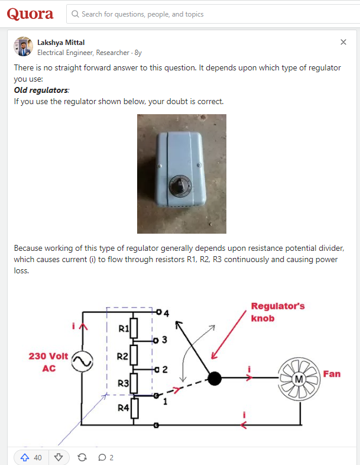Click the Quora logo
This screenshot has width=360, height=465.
coord(30,14)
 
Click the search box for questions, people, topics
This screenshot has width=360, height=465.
coord(213,14)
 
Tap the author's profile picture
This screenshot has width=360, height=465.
coord(23,47)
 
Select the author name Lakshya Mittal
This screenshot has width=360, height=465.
coord(61,42)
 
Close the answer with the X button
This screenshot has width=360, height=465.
coord(343,42)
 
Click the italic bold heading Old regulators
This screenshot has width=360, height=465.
coord(41,90)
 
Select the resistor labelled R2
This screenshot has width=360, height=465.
coord(134,356)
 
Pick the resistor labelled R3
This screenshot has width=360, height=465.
coord(134,383)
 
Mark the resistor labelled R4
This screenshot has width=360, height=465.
coord(134,408)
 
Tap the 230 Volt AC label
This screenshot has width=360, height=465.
coord(48,362)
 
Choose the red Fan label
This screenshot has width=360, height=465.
coord(332,374)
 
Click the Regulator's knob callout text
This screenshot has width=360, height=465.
coord(277,312)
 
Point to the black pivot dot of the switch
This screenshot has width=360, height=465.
coord(215,378)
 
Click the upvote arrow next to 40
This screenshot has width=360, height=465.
coord(25,457)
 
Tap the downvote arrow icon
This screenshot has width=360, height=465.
coord(58,457)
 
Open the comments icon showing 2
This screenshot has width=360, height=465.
coord(102,457)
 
